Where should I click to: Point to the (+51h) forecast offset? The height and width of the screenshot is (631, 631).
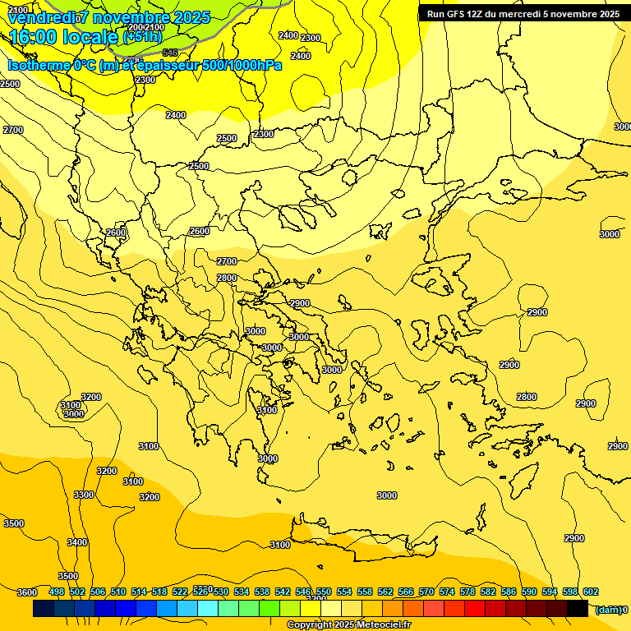pyautogui.click(x=141, y=37)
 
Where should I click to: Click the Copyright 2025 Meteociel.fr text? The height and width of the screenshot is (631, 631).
pyautogui.click(x=348, y=625)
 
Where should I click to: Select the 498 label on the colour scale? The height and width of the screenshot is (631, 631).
pyautogui.click(x=57, y=592)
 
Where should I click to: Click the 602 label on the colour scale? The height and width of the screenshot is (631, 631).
pyautogui.click(x=591, y=592)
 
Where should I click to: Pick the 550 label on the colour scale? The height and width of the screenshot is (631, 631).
pyautogui.click(x=324, y=592)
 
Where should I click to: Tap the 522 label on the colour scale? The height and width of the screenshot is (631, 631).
pyautogui.click(x=180, y=592)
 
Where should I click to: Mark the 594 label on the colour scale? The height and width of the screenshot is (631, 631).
pyautogui.click(x=550, y=592)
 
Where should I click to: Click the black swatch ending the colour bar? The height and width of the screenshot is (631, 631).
pyautogui.click(x=577, y=609)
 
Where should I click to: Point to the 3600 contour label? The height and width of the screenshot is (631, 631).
pyautogui.click(x=27, y=592)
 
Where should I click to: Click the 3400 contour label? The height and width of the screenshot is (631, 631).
pyautogui.click(x=77, y=542)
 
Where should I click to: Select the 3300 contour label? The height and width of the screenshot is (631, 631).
pyautogui.click(x=83, y=495)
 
